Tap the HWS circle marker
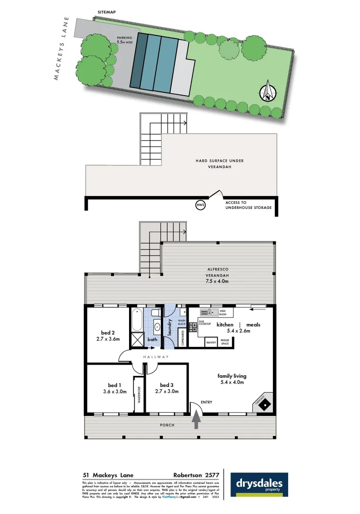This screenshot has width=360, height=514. coord(200,205)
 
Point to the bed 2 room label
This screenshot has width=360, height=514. coord(107,333)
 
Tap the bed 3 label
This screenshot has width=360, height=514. coord(167,385)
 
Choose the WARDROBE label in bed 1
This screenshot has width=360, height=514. coord(139,395)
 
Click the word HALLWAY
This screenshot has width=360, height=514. coord(155,356)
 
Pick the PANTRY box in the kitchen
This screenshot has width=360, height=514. coord(211,342)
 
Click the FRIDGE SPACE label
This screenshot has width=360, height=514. coord(224,342)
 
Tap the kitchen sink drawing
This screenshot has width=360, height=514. coord(210,312)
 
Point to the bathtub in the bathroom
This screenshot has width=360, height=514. coord(136,321)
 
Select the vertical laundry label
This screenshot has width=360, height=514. coord(170,328)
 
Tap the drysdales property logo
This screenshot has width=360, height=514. coord(259,485)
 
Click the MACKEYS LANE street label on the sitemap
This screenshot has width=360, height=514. coord(62,49)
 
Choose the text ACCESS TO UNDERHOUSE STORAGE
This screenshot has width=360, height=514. coord(249,205)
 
